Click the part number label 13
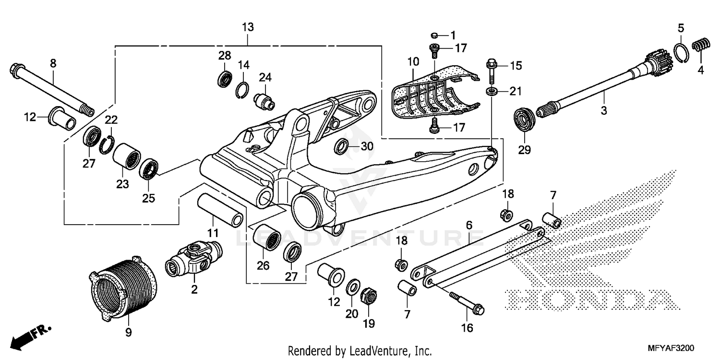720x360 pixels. click(248, 27)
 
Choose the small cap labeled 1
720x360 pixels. click(433, 35)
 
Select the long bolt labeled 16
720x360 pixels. click(465, 301)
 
